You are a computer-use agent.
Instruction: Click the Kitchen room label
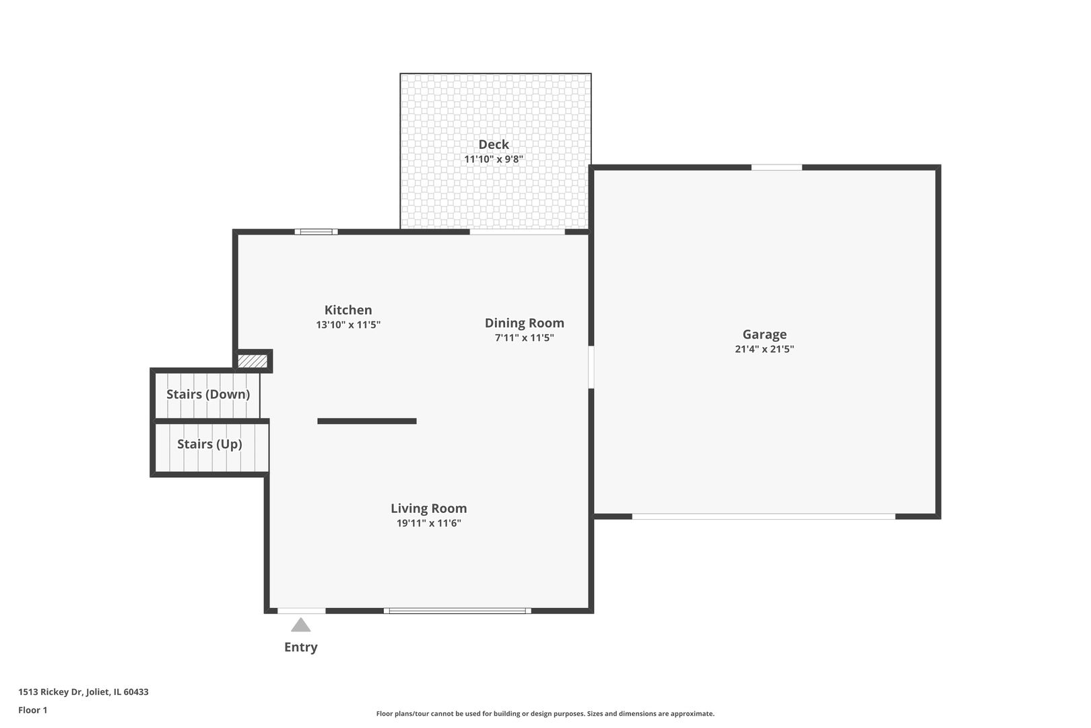(x=348, y=310)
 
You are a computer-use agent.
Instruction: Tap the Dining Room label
(x=525, y=324)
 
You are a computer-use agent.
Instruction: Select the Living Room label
(x=429, y=509)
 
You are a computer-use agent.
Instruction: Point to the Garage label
(x=764, y=334)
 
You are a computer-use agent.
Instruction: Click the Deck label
(x=494, y=144)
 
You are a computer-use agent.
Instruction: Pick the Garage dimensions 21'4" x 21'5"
(x=764, y=349)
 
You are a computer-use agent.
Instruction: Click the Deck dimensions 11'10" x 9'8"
(x=494, y=160)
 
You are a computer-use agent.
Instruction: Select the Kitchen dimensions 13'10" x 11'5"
(x=348, y=325)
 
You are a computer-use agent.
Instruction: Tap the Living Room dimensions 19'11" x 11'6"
(x=429, y=523)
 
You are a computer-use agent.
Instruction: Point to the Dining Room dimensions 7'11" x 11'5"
(x=525, y=338)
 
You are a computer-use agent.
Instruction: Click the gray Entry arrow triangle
(x=300, y=625)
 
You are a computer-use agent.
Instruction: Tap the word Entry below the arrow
(x=300, y=647)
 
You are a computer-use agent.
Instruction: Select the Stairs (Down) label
(x=208, y=394)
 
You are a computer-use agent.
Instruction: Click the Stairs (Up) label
(x=209, y=444)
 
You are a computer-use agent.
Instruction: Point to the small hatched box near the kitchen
(x=253, y=361)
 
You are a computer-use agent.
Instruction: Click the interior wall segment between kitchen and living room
(x=367, y=421)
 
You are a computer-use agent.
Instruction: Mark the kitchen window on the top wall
(x=316, y=232)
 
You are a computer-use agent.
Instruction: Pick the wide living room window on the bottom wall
(x=457, y=611)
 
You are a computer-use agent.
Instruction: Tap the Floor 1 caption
(x=33, y=710)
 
